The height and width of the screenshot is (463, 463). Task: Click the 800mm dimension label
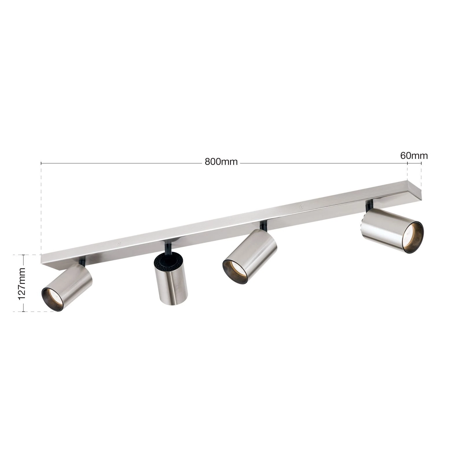pos(221,162)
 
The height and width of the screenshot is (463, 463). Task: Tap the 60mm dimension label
pos(414,156)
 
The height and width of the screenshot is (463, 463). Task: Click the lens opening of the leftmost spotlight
pos(53,299)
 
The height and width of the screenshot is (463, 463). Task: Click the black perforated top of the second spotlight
pos(168,262)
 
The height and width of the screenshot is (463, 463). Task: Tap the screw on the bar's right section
pos(302,207)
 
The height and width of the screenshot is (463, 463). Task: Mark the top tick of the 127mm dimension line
pos(23,255)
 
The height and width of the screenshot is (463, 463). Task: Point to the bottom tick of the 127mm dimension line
pos(23,312)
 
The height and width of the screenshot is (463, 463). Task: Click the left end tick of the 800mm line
pos(41,163)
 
